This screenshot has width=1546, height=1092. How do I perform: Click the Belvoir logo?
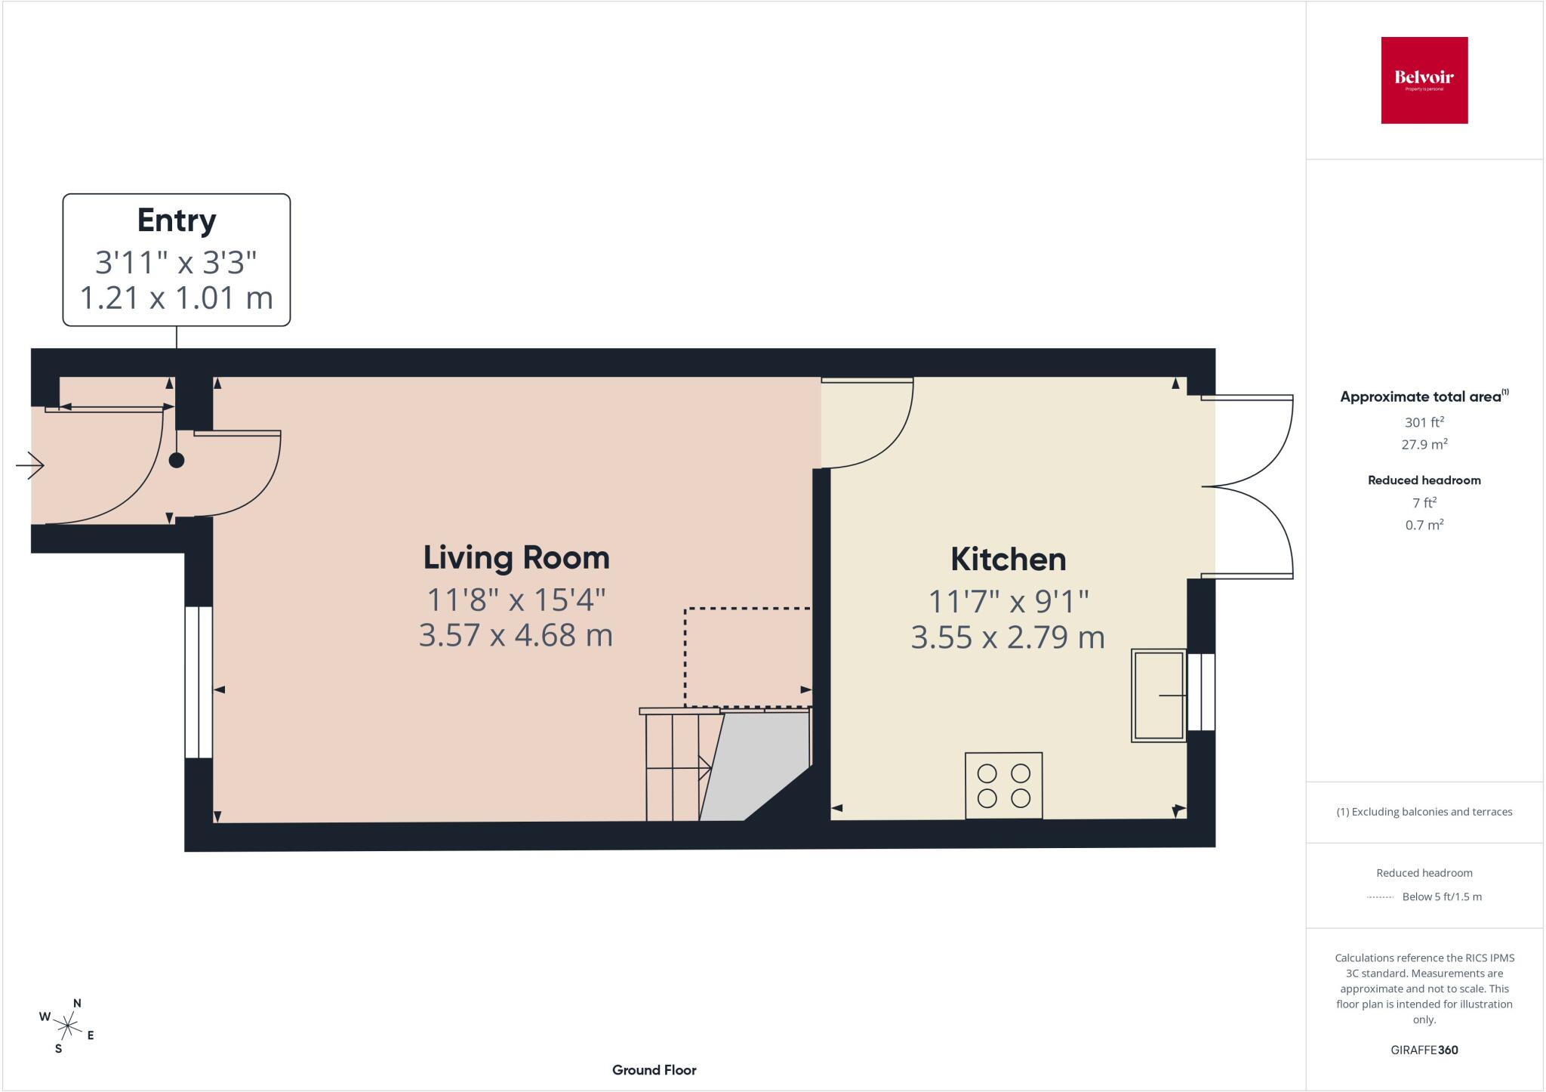tap(1424, 80)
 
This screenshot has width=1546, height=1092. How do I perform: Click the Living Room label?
tap(516, 558)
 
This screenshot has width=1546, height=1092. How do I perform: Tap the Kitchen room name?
tap(1009, 560)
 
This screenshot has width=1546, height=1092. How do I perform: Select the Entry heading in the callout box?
tap(177, 221)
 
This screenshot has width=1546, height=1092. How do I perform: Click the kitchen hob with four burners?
tap(1004, 785)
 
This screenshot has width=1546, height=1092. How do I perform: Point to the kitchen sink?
tap(1159, 695)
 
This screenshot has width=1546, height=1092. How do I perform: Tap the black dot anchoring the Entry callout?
tap(177, 460)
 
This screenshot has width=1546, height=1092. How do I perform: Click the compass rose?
tap(68, 1026)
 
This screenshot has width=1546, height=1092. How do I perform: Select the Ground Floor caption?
tap(654, 1070)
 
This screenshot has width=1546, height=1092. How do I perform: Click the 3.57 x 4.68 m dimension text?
tap(516, 635)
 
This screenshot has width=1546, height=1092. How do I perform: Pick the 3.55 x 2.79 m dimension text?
tap(1009, 637)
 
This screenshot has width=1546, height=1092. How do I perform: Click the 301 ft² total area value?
tap(1424, 422)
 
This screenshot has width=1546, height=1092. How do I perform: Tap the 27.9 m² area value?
tap(1424, 444)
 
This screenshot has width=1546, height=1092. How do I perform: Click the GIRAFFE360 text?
tap(1424, 1050)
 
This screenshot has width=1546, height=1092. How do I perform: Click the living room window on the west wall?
tap(199, 682)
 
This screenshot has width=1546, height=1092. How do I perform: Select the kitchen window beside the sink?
tap(1201, 692)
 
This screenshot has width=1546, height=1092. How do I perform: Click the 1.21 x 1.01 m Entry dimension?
tap(177, 298)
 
